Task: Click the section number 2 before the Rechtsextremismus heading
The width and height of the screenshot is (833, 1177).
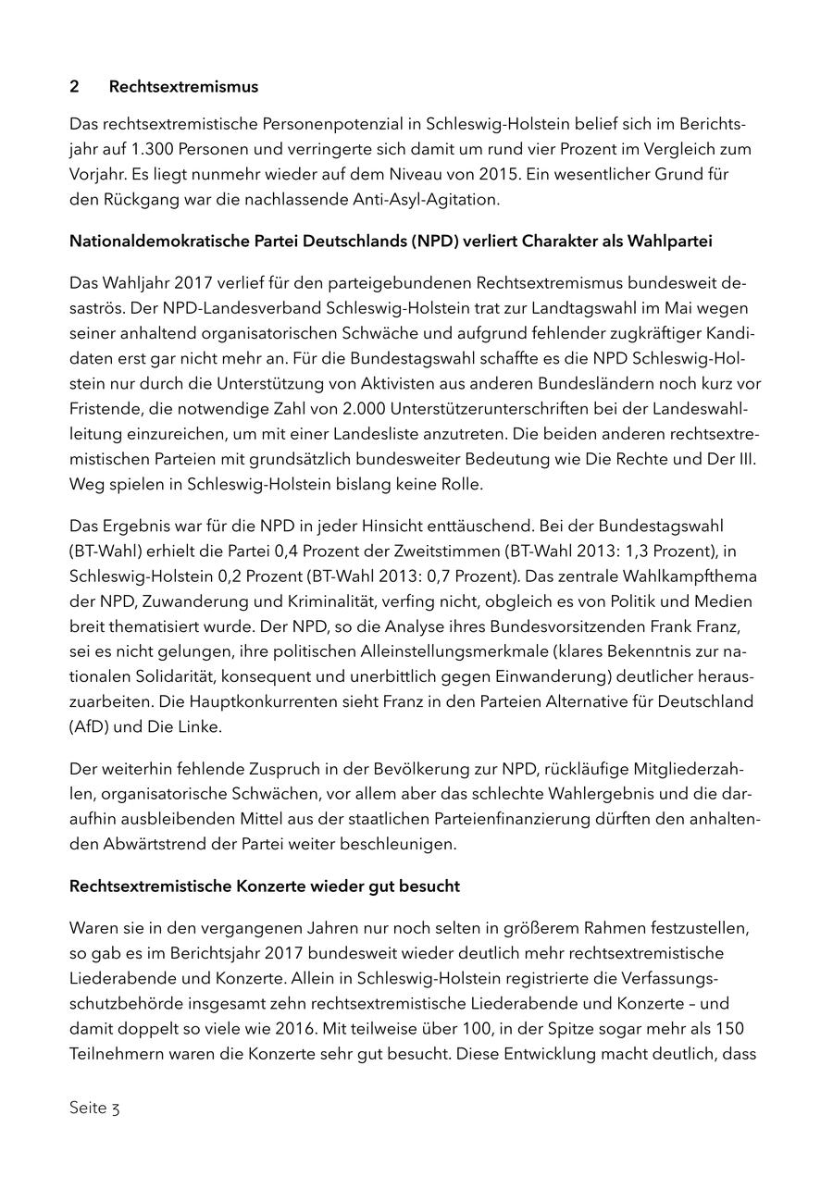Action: pyautogui.click(x=74, y=87)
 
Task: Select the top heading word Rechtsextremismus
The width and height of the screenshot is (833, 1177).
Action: pyautogui.click(x=183, y=87)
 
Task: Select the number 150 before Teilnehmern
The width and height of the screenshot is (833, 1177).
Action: pyautogui.click(x=731, y=1028)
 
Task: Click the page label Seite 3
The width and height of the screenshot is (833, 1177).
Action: pyautogui.click(x=94, y=1108)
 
